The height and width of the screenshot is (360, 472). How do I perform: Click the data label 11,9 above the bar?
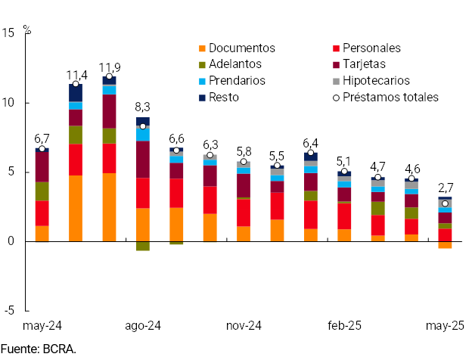pos(110,66)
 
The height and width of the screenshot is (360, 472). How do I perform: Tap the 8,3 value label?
pos(143,107)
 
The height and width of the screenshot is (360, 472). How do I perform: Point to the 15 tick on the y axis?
pos(9,33)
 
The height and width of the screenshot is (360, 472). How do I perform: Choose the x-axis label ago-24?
pos(143,325)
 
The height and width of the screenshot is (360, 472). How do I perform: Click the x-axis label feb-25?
pos(344,325)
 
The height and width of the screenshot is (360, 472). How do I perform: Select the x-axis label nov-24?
pos(244,325)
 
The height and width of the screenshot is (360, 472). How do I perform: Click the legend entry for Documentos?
pos(241,48)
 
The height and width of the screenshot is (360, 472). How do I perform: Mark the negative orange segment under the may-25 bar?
pos(445,244)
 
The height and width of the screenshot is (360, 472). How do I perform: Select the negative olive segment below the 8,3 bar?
pos(142,246)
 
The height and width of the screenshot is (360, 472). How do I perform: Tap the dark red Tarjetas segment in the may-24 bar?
pos(42,166)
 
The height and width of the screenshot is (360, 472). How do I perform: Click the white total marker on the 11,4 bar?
pos(76,85)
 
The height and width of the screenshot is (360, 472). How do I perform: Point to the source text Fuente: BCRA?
pos(39,349)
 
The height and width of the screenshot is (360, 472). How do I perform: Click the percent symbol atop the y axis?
pos(27,30)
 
